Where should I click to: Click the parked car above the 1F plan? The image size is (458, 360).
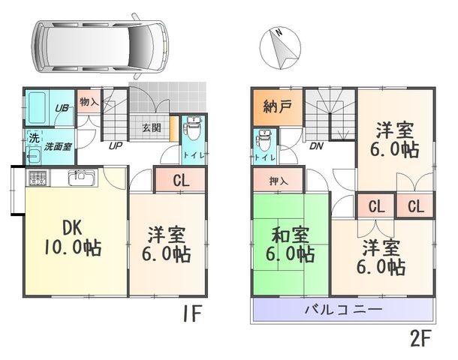(x=101, y=46)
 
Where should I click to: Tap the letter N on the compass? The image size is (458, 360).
(x=279, y=31)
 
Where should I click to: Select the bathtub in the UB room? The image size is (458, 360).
(x=37, y=108)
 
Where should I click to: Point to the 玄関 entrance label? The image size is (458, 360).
(x=152, y=127)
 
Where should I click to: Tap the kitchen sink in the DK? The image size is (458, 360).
(x=83, y=177)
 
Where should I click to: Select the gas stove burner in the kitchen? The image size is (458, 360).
(x=39, y=177)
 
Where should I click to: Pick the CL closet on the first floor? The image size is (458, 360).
(x=181, y=180)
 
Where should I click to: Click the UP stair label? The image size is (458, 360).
(x=116, y=145)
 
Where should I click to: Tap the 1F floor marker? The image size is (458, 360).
(x=192, y=313)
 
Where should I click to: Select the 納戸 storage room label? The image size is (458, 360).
(x=277, y=106)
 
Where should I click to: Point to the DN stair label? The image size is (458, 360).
(x=317, y=145)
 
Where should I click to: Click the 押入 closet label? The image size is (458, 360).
(x=279, y=181)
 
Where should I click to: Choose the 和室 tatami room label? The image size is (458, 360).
(x=291, y=235)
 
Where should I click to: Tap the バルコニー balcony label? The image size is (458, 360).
(x=344, y=309)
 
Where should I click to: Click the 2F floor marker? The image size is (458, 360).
(x=420, y=338)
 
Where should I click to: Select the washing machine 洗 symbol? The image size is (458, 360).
(x=35, y=138)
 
